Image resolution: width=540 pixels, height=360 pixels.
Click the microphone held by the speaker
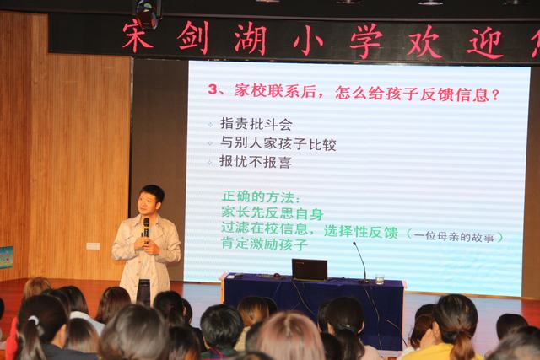tap(146, 229)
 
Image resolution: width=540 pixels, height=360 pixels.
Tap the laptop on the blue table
tap(310, 270)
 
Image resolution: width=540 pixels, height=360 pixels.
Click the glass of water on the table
tap(380, 279)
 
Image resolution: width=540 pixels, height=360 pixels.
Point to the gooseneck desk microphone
tap(360, 262)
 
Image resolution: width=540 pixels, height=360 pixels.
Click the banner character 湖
tap(251, 39)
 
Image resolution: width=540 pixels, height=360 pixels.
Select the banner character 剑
tap(193, 37)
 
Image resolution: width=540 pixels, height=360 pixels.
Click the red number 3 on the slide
tap(213, 90)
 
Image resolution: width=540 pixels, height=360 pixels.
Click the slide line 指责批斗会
tap(256, 124)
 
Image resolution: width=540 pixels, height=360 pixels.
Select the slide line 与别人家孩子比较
tap(278, 143)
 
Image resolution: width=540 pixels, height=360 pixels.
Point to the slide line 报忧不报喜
tap(256, 161)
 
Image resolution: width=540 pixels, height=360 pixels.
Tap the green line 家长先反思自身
tap(273, 212)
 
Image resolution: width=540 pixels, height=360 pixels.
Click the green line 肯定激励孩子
tap(264, 244)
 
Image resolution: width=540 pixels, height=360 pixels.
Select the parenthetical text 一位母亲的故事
tap(455, 236)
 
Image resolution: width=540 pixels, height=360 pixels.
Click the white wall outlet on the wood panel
tap(93, 246)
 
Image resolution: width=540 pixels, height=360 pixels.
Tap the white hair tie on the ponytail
tap(35, 320)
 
